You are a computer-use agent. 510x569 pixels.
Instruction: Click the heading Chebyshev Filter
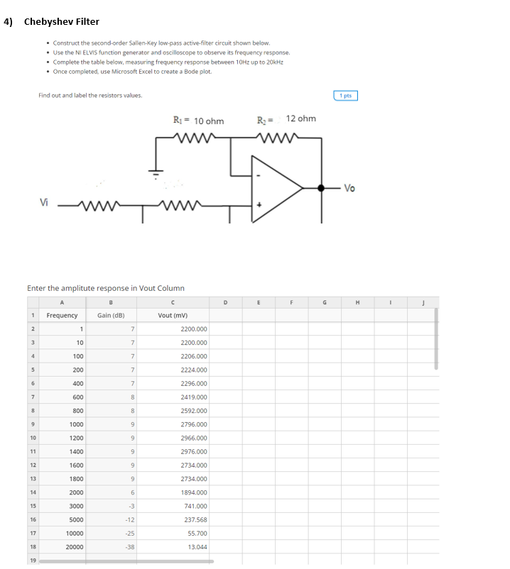pyautogui.click(x=61, y=21)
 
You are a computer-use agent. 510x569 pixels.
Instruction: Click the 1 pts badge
pyautogui.click(x=345, y=96)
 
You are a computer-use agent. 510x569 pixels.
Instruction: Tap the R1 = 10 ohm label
pyautogui.click(x=198, y=121)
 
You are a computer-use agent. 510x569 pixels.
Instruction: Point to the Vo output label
pyautogui.click(x=349, y=188)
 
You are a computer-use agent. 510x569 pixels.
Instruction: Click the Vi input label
pyautogui.click(x=44, y=201)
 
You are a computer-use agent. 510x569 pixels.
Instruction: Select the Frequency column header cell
pyautogui.click(x=62, y=315)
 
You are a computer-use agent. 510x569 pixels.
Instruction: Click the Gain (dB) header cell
pyautogui.click(x=112, y=315)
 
